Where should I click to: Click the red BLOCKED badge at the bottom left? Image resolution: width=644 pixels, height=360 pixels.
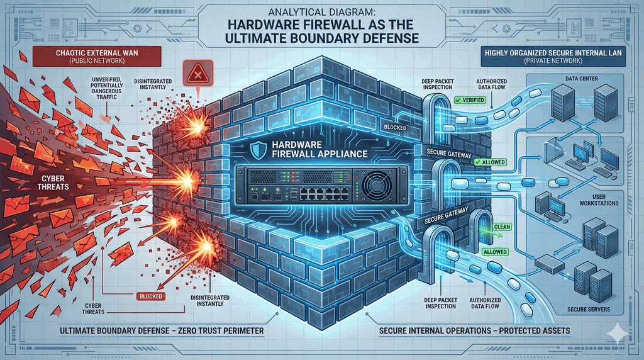pos(150,296)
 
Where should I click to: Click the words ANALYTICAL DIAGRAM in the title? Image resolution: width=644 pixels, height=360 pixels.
pos(321,12)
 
